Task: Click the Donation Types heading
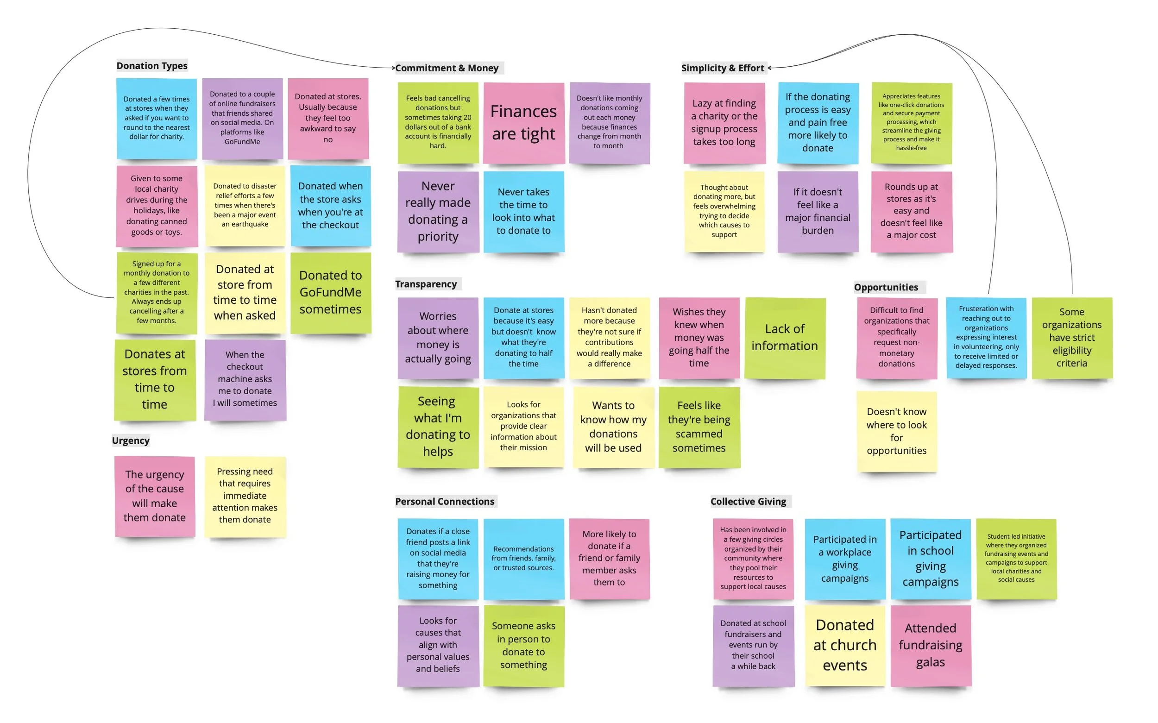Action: [151, 65]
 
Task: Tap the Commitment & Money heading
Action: [447, 68]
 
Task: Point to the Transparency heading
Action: [426, 284]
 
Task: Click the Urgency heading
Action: [131, 440]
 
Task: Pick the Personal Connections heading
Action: [444, 501]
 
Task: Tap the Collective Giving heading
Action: [748, 501]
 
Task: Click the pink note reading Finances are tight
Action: [523, 123]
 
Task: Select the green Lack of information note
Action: [785, 338]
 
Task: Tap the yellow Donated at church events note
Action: [845, 645]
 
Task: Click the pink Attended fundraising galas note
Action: [931, 645]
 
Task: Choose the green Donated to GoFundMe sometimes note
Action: [330, 292]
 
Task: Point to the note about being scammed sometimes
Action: [699, 427]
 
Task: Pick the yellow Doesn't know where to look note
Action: [896, 431]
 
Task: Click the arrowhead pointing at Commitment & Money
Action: [394, 68]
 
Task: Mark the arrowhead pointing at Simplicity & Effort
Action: [769, 68]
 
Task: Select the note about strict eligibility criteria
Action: [1071, 338]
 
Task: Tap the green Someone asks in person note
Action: [523, 645]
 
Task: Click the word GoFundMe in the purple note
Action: [242, 142]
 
